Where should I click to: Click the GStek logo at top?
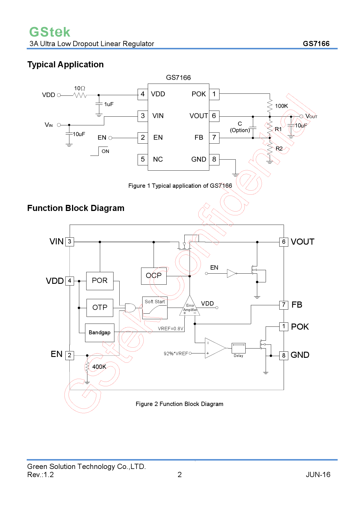coord(50,32)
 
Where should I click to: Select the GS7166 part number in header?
coord(316,44)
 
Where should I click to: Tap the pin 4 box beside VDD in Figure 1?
coord(143,94)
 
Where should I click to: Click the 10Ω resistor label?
coord(80,88)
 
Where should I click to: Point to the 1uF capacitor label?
coord(109,104)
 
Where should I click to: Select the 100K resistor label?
coord(281,106)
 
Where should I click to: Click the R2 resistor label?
coord(279,149)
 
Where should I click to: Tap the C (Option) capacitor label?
coord(240,127)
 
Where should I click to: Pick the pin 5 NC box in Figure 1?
coord(143,159)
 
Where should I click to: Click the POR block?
coord(100,281)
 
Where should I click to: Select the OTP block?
coord(100,308)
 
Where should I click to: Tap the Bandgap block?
coord(100,333)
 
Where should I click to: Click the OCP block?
coord(154,276)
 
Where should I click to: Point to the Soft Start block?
coord(155,308)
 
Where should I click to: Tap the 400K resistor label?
coord(99,367)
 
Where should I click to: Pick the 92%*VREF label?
coord(176,353)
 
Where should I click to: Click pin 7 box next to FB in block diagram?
coord(284,305)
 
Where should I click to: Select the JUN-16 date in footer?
coord(318,474)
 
